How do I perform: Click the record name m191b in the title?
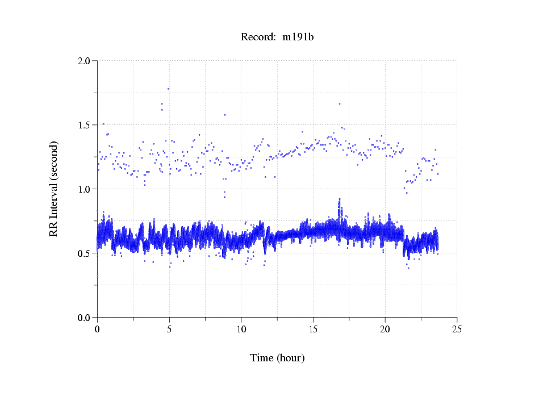[x=299, y=37]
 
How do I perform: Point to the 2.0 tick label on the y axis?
[x=85, y=60]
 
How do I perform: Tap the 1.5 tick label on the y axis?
[x=85, y=124]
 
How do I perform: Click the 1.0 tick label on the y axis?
[x=85, y=189]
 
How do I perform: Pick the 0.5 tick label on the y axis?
[x=85, y=253]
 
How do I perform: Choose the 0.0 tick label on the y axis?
[x=85, y=317]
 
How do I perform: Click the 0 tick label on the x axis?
[x=97, y=329]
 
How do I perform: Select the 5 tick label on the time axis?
[x=169, y=329]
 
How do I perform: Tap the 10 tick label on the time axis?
[x=241, y=329]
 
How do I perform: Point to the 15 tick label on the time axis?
[x=313, y=329]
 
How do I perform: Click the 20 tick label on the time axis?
[x=385, y=329]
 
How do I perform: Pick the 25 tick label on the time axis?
[x=457, y=329]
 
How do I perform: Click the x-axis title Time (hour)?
[x=277, y=358]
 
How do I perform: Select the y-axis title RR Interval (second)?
[x=54, y=189]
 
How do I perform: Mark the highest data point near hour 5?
[x=168, y=89]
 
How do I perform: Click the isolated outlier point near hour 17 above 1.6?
[x=340, y=103]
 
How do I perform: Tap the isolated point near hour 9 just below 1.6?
[x=225, y=115]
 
